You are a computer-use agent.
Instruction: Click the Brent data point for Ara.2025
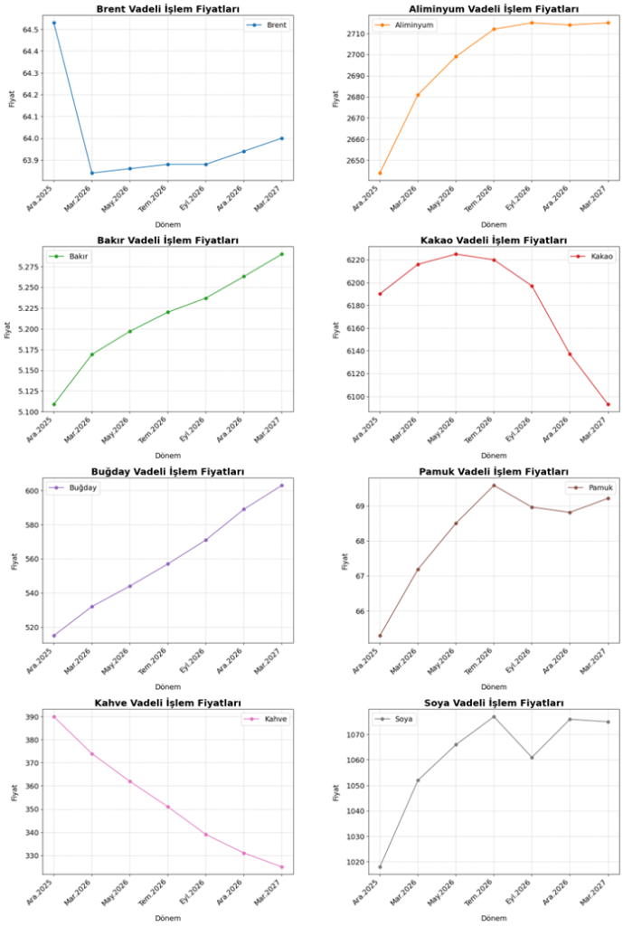click(54, 23)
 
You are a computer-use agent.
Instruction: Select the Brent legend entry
click(269, 25)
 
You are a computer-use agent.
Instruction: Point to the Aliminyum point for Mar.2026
click(418, 95)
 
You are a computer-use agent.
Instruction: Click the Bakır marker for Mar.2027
click(281, 254)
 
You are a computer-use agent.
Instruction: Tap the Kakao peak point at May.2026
click(456, 254)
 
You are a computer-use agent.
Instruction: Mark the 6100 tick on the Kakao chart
click(355, 397)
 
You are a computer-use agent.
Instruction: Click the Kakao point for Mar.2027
click(609, 404)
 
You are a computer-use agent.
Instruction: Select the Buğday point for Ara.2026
click(243, 509)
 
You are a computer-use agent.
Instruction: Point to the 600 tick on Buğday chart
click(33, 491)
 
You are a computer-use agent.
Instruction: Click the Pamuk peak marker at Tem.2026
click(494, 486)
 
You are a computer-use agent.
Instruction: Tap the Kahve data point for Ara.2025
click(54, 717)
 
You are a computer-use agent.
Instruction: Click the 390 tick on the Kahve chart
click(33, 717)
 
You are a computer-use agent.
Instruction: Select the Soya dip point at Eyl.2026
click(532, 758)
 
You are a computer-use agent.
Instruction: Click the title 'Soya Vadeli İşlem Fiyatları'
click(494, 704)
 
